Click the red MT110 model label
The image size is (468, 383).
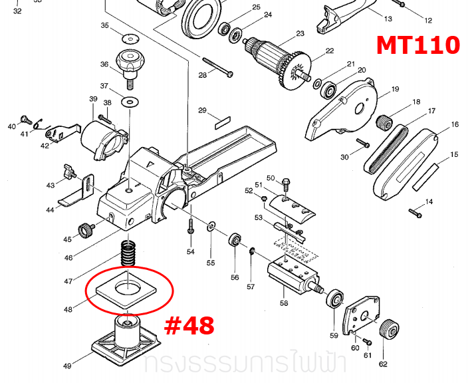pyautogui.click(x=417, y=45)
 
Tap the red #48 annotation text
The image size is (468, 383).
pyautogui.click(x=189, y=325)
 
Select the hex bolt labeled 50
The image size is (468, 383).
pyautogui.click(x=287, y=182)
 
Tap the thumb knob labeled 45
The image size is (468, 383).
pyautogui.click(x=86, y=230)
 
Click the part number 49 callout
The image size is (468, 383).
pyautogui.click(x=68, y=365)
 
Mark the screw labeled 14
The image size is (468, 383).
pyautogui.click(x=415, y=212)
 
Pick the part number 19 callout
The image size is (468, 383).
pyautogui.click(x=395, y=89)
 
